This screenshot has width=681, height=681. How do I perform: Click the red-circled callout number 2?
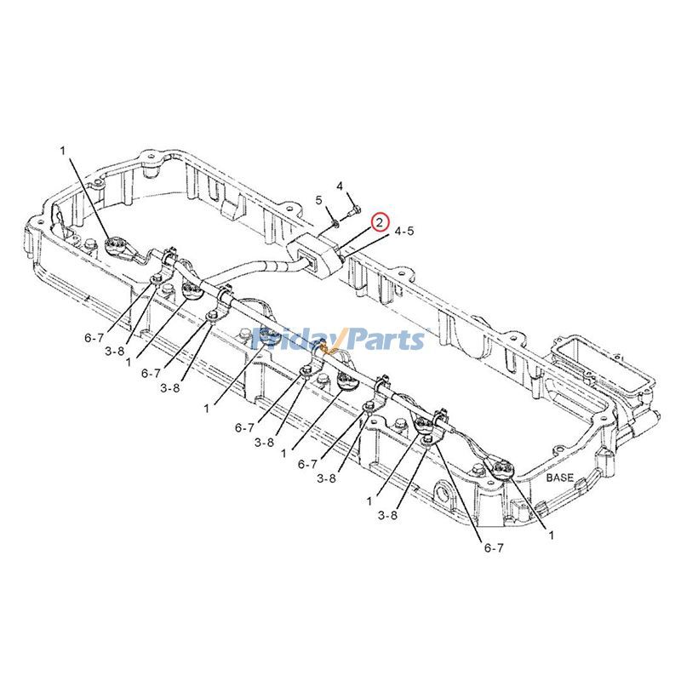pyautogui.click(x=380, y=222)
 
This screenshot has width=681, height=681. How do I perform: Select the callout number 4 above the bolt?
pyautogui.click(x=339, y=186)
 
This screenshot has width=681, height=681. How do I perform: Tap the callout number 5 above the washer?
pyautogui.click(x=319, y=201)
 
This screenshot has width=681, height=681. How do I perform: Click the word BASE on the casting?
pyautogui.click(x=560, y=478)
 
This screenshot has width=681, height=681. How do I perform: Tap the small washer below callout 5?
pyautogui.click(x=335, y=222)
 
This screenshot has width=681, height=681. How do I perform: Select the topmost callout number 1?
pyautogui.click(x=61, y=151)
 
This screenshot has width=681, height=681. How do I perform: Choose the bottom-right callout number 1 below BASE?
pyautogui.click(x=551, y=535)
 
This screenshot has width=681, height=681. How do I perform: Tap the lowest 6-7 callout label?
pyautogui.click(x=494, y=548)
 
